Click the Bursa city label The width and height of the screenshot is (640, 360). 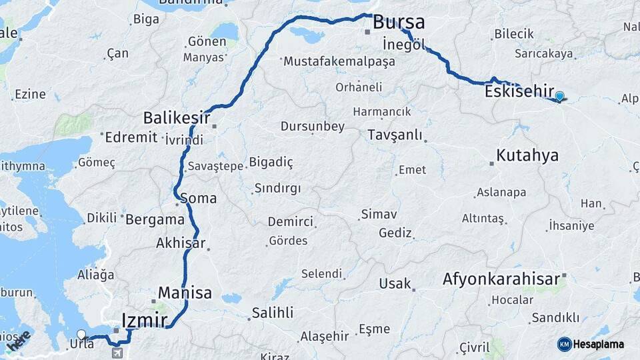(399, 22)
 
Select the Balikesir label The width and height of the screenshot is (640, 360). (176, 119)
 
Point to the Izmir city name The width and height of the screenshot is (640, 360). (145, 320)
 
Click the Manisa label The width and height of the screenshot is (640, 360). (185, 293)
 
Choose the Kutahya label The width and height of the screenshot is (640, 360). (527, 156)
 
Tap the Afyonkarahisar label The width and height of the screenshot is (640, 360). (501, 279)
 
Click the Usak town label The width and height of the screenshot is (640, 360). (395, 283)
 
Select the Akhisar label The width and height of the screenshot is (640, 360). (180, 243)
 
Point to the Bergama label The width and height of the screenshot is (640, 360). (155, 219)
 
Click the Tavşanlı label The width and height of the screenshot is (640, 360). (395, 135)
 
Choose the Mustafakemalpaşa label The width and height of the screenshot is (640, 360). (339, 61)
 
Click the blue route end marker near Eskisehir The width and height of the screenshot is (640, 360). (559, 97)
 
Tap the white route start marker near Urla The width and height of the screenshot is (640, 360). (81, 334)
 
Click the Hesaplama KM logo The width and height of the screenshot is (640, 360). (591, 344)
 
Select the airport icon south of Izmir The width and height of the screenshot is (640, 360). (118, 351)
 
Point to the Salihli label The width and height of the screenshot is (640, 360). (272, 313)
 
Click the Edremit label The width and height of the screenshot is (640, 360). (131, 137)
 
